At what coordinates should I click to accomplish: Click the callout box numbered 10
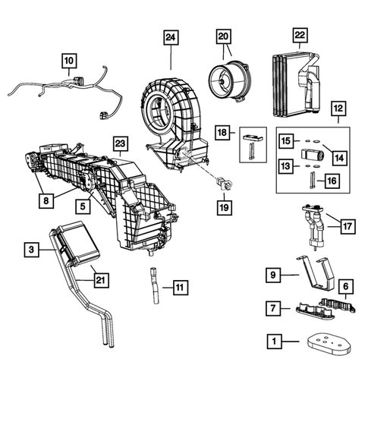coord(68,58)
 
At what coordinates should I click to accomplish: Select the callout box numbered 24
coord(171,37)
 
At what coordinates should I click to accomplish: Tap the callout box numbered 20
coord(223,37)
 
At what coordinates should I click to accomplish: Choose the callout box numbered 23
coord(119,143)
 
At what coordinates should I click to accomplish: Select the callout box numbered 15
coord(285,140)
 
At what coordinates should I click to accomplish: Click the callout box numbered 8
coord(48,201)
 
